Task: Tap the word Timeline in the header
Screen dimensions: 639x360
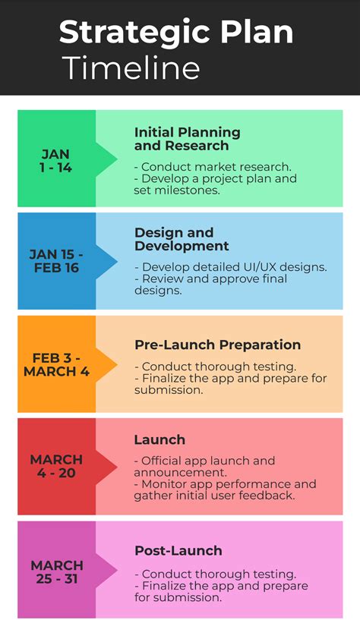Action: coord(131,68)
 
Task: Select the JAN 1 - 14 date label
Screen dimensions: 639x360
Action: coord(55,161)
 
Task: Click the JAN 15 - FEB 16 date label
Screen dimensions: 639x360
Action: coord(56,260)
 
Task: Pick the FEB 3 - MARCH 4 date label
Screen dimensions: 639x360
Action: coord(56,365)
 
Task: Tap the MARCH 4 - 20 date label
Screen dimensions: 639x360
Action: coord(56,466)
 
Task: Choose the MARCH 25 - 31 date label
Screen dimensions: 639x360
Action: coord(57,571)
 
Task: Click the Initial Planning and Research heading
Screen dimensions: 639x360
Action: coord(187,139)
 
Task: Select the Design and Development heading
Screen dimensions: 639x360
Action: coord(182,239)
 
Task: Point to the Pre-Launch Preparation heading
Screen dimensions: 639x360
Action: coord(217,345)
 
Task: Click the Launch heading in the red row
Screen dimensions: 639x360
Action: coord(159,439)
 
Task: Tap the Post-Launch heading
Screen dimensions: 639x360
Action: coord(178,550)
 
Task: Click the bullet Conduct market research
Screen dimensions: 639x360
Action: coord(213,167)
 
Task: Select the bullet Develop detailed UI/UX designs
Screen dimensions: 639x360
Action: coord(231,267)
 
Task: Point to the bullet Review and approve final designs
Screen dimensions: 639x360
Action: coord(210,285)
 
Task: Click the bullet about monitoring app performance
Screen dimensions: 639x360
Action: coord(224,490)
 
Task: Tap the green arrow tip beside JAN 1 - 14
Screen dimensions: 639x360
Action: coord(112,159)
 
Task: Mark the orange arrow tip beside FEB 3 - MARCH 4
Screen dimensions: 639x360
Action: coord(112,365)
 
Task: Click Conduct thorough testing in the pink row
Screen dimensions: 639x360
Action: coord(215,574)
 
